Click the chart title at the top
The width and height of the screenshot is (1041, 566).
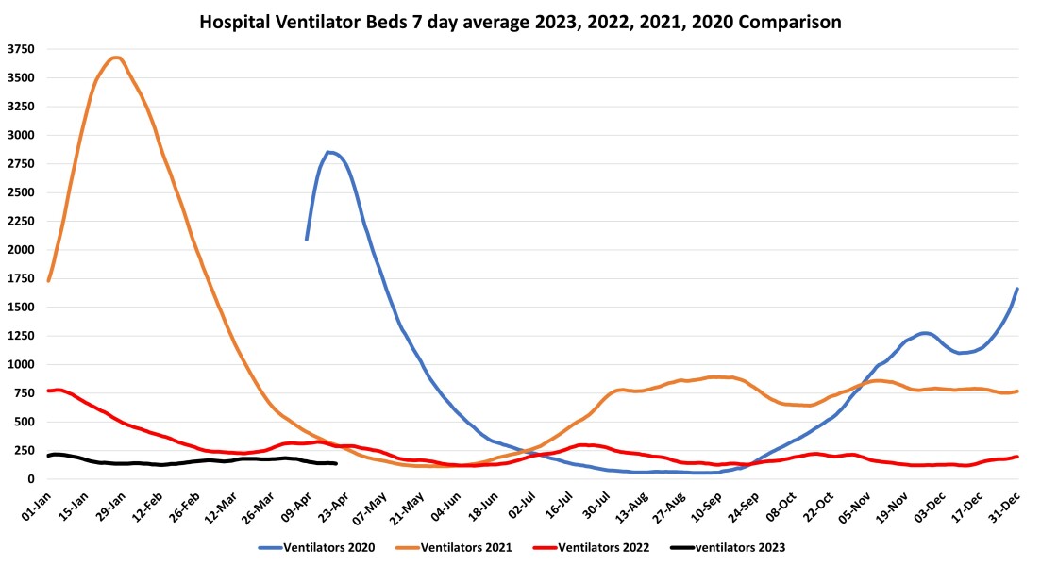click(520, 20)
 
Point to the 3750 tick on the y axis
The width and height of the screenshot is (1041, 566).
click(21, 49)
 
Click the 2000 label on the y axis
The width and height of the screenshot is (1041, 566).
click(21, 250)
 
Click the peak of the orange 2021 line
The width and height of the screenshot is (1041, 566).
click(115, 58)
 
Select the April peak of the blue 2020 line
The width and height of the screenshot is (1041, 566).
click(328, 152)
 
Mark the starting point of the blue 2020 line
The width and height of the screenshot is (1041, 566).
click(306, 240)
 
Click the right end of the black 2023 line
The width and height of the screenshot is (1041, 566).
click(336, 463)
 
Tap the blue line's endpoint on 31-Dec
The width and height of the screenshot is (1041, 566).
click(1017, 289)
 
